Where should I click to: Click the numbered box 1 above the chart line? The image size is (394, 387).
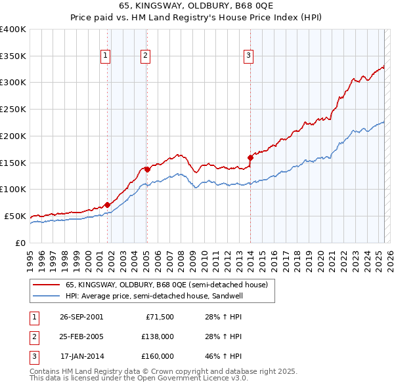point(106,56)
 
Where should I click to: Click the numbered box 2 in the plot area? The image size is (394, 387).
point(144,56)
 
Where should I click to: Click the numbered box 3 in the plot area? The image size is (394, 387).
point(249,56)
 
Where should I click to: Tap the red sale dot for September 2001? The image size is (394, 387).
point(107,205)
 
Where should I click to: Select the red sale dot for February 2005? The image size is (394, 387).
point(147,169)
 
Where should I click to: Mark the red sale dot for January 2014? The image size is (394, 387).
point(250,157)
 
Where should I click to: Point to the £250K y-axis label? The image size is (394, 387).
point(12,109)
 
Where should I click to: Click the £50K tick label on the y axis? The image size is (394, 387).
point(15,216)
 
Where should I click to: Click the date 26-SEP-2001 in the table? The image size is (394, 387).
point(81,317)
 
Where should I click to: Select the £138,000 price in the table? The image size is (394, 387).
point(157,336)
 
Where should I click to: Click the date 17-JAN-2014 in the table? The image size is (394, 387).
point(81,356)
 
